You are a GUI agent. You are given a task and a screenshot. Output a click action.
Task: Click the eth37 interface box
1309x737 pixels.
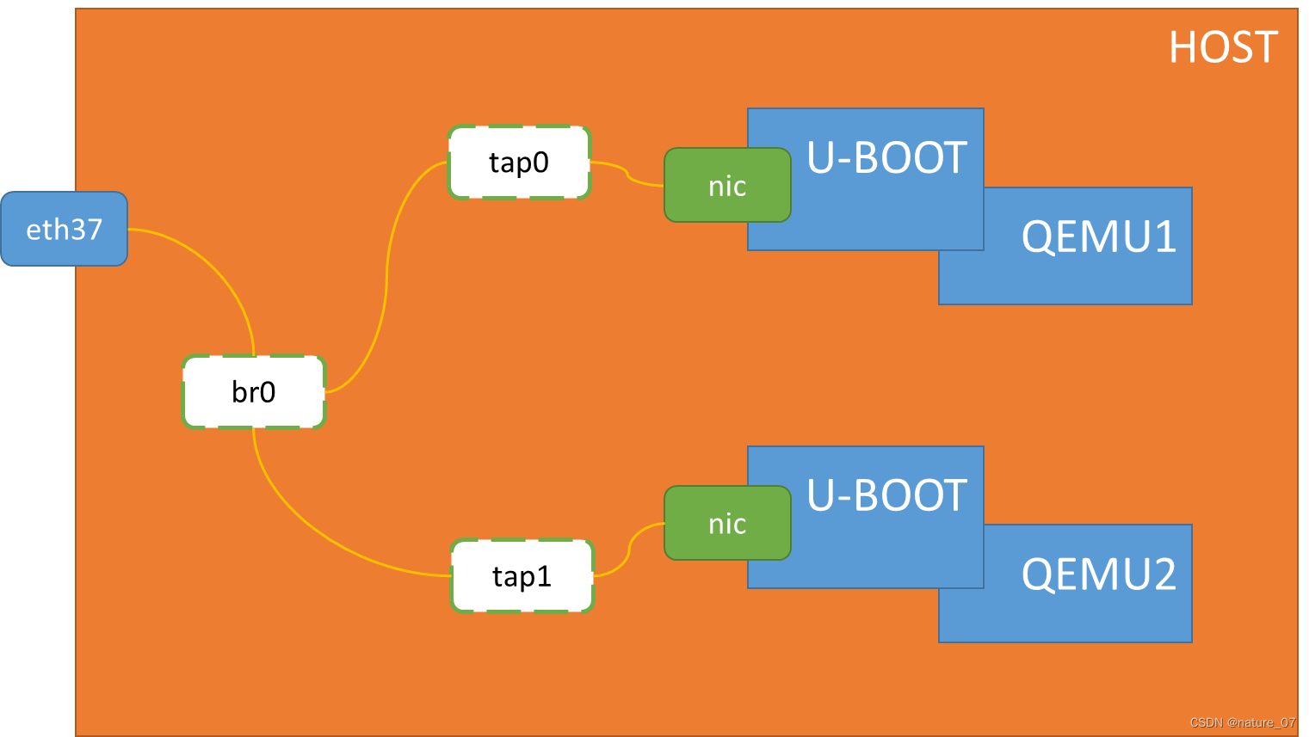[64, 229]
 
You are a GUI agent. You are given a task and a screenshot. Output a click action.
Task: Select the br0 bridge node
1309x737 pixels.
[254, 392]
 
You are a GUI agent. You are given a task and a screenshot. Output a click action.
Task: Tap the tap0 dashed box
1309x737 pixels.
[519, 163]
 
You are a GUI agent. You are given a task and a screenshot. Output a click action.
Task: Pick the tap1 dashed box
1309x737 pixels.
[522, 576]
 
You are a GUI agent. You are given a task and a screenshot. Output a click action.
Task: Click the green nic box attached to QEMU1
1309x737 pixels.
[726, 186]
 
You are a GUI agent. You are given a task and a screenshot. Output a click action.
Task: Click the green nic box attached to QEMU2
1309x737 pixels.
[726, 524]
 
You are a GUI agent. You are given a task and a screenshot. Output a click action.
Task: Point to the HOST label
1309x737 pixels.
[1222, 47]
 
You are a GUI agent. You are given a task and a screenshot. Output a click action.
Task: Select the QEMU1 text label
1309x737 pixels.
[1098, 236]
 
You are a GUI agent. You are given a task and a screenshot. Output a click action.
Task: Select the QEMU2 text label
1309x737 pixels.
[1098, 574]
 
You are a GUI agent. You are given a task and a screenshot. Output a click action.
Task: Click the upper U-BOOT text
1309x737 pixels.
[886, 158]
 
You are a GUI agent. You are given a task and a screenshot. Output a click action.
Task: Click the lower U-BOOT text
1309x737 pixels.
[886, 496]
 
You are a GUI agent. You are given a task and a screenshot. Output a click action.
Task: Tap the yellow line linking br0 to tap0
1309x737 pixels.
[386, 275]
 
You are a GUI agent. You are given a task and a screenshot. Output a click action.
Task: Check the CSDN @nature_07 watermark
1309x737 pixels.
[1242, 722]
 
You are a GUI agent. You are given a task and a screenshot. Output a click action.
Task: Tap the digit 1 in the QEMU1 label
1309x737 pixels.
[1165, 236]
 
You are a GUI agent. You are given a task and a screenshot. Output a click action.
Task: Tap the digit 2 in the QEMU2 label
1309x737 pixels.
[1164, 574]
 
